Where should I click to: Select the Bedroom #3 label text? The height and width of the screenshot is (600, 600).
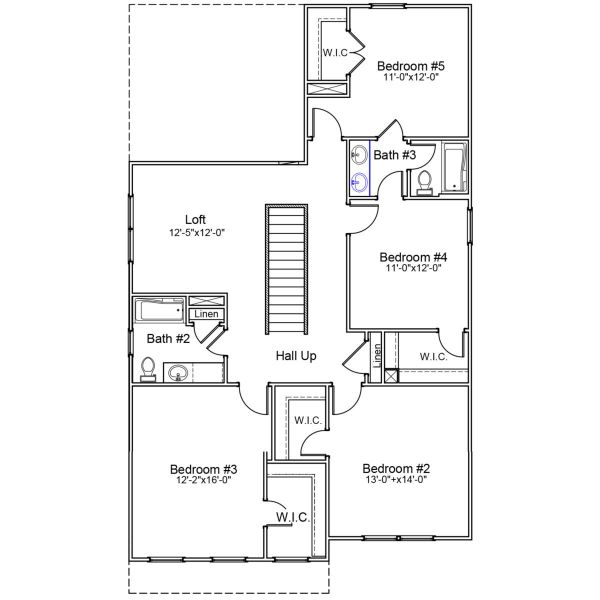tap(203, 469)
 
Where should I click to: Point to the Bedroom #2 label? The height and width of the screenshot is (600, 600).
tap(395, 469)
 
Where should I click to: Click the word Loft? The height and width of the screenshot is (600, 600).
tap(196, 220)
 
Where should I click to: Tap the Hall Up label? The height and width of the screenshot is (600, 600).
tap(296, 355)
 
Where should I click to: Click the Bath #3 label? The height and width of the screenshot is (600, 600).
tap(394, 155)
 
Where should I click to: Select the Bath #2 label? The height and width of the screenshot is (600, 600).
tap(168, 338)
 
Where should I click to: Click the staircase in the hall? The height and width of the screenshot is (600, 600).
tap(284, 270)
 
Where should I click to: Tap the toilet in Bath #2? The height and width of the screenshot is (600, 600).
tap(147, 369)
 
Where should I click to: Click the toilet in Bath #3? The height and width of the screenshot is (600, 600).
tap(423, 182)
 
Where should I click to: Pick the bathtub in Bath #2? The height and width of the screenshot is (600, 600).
tap(160, 309)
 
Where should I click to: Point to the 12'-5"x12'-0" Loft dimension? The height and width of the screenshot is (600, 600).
tap(196, 232)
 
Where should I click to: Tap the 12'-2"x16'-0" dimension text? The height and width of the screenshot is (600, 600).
tap(203, 481)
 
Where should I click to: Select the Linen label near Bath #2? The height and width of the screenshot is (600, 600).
tap(205, 314)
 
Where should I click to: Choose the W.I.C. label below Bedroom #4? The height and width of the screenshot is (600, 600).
tap(433, 356)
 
